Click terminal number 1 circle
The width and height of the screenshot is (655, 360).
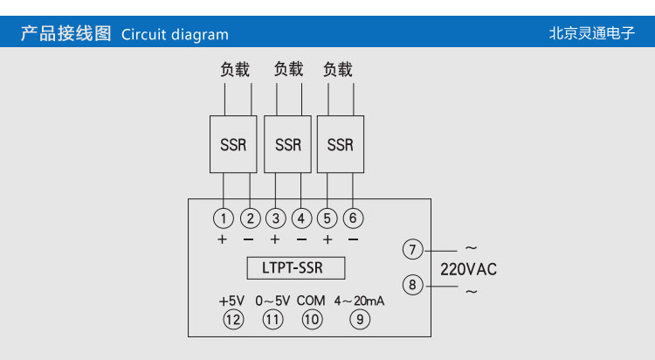click(x=224, y=218)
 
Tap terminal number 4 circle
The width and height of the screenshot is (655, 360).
click(x=301, y=218)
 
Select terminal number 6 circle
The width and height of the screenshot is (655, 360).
click(x=354, y=218)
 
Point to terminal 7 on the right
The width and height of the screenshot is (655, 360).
click(x=412, y=249)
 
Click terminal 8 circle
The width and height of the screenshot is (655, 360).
click(x=412, y=284)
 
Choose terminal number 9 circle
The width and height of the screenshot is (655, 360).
click(x=359, y=320)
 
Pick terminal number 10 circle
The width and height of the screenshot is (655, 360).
click(x=311, y=320)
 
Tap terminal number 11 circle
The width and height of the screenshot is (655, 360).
click(x=272, y=320)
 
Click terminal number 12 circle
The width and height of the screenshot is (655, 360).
click(x=231, y=320)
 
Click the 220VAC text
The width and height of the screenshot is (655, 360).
click(x=468, y=269)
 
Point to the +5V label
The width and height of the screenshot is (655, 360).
click(x=231, y=301)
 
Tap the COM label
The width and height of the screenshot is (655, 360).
click(x=311, y=301)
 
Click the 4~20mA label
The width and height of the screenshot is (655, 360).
click(x=359, y=301)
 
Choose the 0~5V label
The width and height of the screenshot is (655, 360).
click(x=272, y=301)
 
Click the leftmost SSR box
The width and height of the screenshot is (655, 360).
click(x=233, y=144)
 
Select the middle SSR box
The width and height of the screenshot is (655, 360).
click(x=287, y=144)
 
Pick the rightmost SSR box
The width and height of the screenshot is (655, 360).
click(x=340, y=144)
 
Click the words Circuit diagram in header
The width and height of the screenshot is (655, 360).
click(x=175, y=35)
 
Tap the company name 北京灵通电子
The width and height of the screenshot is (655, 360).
click(x=591, y=34)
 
